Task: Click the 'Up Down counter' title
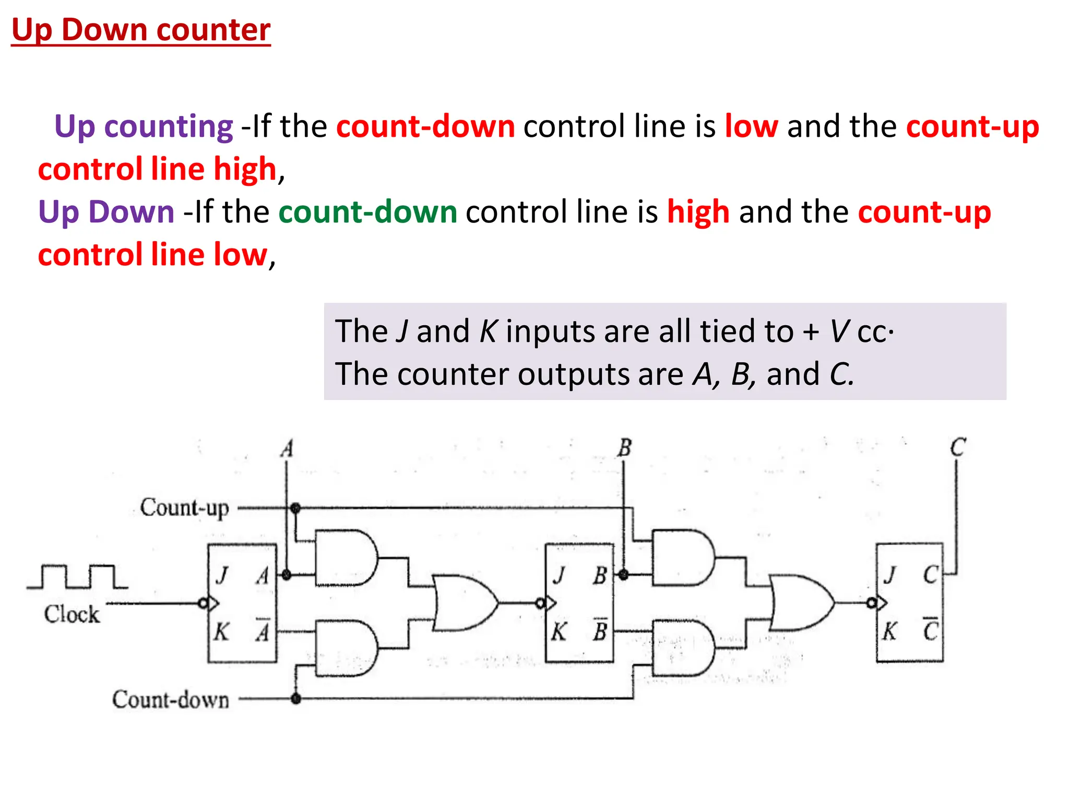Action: (141, 30)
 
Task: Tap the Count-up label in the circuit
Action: (184, 508)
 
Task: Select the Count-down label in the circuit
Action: (171, 700)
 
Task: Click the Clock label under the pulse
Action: (72, 615)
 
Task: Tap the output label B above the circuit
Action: (624, 449)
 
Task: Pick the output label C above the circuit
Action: (958, 448)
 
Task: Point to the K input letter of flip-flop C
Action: (889, 632)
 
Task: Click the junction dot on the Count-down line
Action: (296, 699)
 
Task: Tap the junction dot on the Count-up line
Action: (295, 508)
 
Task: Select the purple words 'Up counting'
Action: (144, 126)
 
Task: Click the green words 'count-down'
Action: (367, 212)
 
